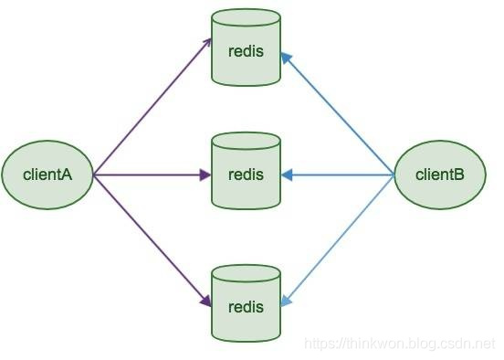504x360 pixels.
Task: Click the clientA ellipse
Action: pyautogui.click(x=47, y=175)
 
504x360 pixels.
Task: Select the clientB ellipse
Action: pyautogui.click(x=440, y=175)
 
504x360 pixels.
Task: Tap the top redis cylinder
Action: pyautogui.click(x=246, y=48)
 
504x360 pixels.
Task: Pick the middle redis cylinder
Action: pyautogui.click(x=246, y=171)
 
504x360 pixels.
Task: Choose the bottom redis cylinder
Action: pyautogui.click(x=246, y=303)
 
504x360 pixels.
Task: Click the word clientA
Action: pyautogui.click(x=47, y=175)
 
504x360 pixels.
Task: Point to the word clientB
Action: pyautogui.click(x=440, y=175)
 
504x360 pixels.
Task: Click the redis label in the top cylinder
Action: pyautogui.click(x=246, y=51)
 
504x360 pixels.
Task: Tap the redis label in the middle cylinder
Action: pyautogui.click(x=246, y=175)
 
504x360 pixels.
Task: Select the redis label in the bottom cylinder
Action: pyautogui.click(x=246, y=307)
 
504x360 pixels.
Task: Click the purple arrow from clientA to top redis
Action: pyautogui.click(x=152, y=107)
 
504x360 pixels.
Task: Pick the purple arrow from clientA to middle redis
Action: pyautogui.click(x=152, y=175)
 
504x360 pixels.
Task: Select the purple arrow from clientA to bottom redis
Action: pyautogui.click(x=152, y=240)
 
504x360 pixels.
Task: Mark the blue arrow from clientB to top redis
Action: pyautogui.click(x=338, y=114)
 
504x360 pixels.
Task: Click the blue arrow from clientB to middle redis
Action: pyautogui.click(x=338, y=175)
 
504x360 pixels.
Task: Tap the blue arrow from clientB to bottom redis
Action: pyautogui.click(x=338, y=240)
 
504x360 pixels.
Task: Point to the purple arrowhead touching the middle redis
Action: pyautogui.click(x=205, y=175)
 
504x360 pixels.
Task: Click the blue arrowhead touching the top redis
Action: pyautogui.click(x=286, y=58)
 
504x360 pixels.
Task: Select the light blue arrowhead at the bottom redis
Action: pyautogui.click(x=286, y=301)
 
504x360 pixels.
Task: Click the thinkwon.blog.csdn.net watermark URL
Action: pyautogui.click(x=400, y=344)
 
